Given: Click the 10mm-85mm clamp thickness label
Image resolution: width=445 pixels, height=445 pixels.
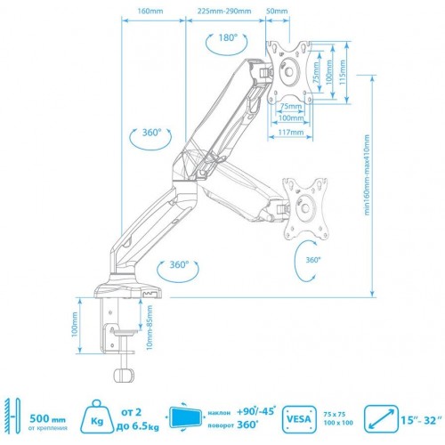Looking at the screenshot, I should pyautogui.click(x=148, y=329).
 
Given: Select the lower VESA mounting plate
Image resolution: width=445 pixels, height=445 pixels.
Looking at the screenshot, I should pyautogui.click(x=305, y=208).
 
